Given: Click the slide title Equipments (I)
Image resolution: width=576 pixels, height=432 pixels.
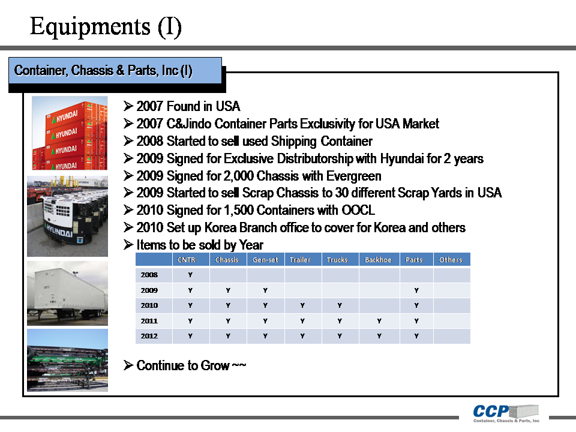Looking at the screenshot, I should [x=106, y=26].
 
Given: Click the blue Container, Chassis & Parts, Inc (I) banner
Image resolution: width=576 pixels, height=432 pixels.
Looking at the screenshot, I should [x=103, y=71].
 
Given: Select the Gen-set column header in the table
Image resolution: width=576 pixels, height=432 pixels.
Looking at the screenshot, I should [x=265, y=260].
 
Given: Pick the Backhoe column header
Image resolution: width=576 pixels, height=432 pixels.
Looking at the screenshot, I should [x=378, y=260].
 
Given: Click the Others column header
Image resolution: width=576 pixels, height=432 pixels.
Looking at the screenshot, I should [x=451, y=260].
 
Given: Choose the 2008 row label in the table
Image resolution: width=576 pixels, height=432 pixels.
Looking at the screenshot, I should [x=149, y=275].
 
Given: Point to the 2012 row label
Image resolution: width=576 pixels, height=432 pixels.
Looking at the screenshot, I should [x=149, y=336].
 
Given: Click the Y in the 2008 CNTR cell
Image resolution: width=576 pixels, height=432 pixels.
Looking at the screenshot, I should [x=190, y=275].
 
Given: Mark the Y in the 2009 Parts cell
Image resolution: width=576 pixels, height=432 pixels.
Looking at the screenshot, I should [x=416, y=290].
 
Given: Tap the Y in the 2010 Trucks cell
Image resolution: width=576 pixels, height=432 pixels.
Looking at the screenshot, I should [x=339, y=305].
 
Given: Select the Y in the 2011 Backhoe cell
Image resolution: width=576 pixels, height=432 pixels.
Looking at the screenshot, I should [x=379, y=321].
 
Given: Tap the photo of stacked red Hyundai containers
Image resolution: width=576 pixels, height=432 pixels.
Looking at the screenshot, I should [x=70, y=133].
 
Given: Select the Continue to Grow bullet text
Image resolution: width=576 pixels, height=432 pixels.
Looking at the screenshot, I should [x=191, y=365].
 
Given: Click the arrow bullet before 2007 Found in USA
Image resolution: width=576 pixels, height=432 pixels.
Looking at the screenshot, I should [x=128, y=106].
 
